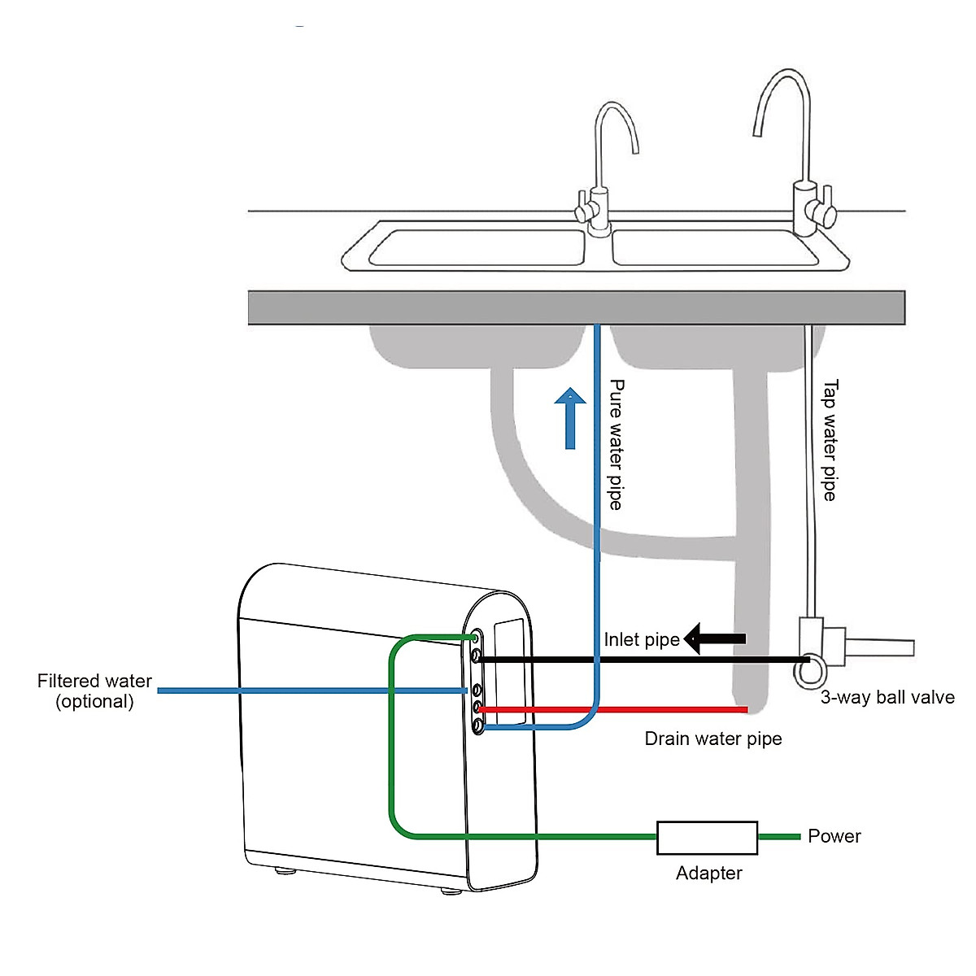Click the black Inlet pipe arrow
click(x=715, y=639)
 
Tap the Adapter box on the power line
click(x=707, y=837)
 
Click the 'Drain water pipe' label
click(x=713, y=739)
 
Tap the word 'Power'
click(x=834, y=836)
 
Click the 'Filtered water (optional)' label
click(x=94, y=691)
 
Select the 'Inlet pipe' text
click(x=641, y=640)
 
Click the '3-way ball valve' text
click(x=887, y=697)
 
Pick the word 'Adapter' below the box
click(x=708, y=873)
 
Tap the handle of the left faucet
click(x=582, y=208)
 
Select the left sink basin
click(x=477, y=247)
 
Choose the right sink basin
click(x=713, y=247)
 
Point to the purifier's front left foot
click(x=285, y=871)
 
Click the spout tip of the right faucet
click(x=757, y=130)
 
